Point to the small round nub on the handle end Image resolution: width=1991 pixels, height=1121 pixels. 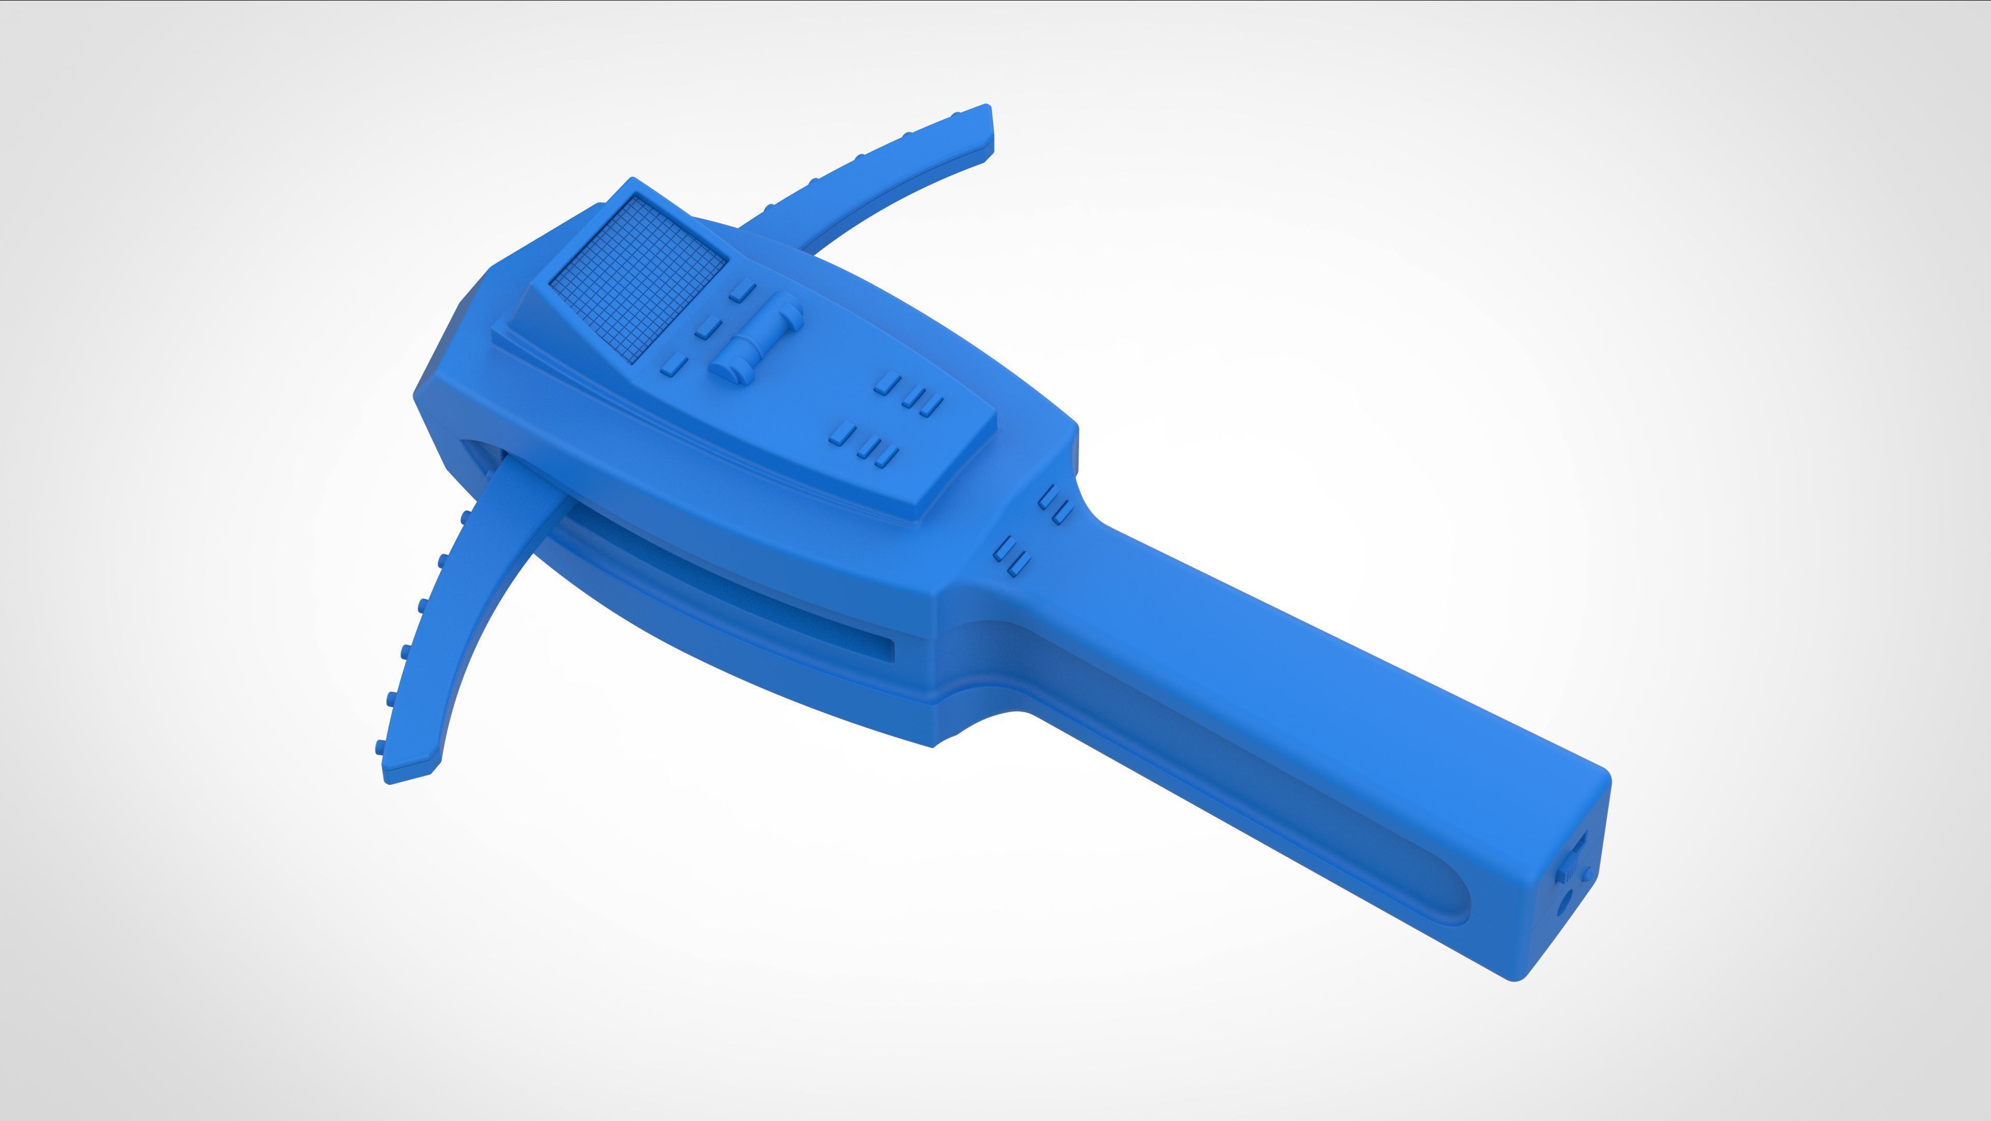coord(1586,874)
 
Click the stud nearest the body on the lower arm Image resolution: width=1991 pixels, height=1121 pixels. coord(465,516)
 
